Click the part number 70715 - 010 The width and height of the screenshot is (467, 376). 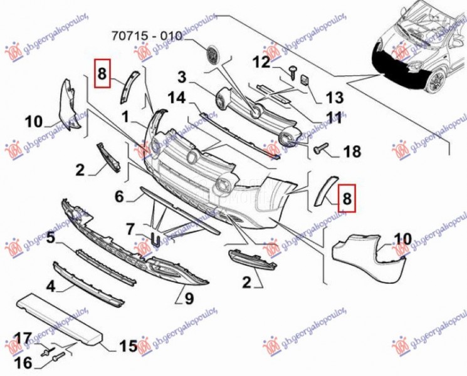[x=148, y=36]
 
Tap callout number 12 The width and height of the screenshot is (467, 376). [x=261, y=62]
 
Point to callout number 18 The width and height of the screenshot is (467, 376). [x=352, y=151]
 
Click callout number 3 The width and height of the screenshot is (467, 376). [x=182, y=78]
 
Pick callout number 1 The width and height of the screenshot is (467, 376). [x=125, y=116]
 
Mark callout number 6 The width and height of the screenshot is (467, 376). [x=119, y=197]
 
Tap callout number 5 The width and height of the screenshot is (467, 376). [x=51, y=238]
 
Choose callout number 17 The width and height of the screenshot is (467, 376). [x=23, y=340]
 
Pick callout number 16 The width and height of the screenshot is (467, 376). [x=23, y=362]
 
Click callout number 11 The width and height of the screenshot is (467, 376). [x=334, y=117]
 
